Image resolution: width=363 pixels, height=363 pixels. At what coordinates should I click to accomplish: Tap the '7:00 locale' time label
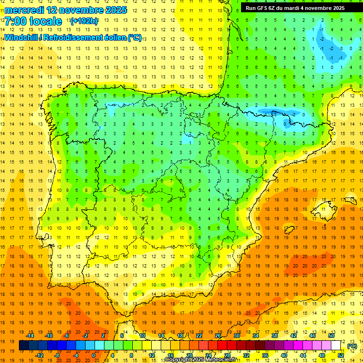(33, 21)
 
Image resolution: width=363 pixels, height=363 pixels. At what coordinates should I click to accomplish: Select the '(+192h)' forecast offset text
(84, 21)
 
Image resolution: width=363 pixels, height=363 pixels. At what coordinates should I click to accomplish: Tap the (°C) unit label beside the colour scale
(352, 346)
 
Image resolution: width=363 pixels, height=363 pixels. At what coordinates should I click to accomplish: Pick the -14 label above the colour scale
(30, 336)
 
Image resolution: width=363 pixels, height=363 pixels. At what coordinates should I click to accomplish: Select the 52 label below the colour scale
(341, 355)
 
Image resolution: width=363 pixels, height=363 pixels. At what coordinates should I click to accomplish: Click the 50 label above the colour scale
(331, 336)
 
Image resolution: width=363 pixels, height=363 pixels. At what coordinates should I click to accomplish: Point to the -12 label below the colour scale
(39, 355)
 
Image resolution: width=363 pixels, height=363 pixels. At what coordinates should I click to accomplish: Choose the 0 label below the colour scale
(94, 355)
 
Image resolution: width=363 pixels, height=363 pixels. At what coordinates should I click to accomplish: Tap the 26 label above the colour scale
(218, 336)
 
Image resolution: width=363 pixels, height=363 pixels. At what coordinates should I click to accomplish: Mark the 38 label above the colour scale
(275, 336)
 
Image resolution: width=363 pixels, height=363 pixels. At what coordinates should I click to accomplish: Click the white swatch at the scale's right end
(336, 346)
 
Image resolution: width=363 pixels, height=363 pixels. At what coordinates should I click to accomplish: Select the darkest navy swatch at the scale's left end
(24, 346)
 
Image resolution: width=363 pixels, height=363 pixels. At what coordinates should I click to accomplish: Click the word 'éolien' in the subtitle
(115, 37)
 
